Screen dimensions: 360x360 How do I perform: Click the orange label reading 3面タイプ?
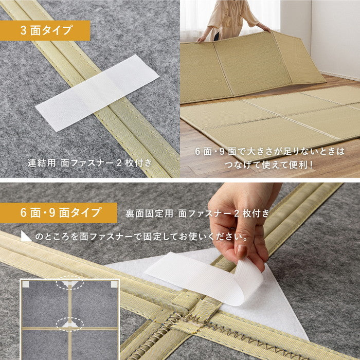(x=45, y=30)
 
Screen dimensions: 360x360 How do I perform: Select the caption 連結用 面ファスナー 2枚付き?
(x=89, y=163)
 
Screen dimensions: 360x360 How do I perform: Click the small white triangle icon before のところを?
(x=26, y=237)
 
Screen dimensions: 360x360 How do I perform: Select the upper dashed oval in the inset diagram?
(x=70, y=283)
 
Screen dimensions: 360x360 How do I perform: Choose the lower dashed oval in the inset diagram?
(x=70, y=323)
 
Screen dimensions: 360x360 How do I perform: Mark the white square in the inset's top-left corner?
(x=25, y=283)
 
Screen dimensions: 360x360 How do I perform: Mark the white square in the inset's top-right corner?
(x=114, y=283)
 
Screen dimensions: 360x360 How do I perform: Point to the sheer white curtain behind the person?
(x=195, y=18)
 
